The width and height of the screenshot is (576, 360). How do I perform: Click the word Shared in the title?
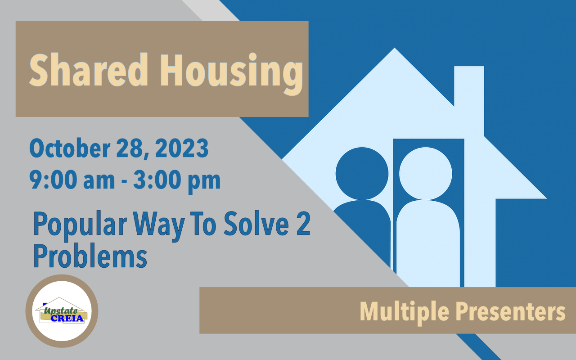(89, 70)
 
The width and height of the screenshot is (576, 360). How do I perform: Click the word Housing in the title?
(232, 74)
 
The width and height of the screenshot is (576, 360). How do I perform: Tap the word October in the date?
(70, 148)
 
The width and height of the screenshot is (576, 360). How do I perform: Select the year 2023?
(181, 148)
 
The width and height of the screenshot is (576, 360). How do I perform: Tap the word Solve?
(256, 223)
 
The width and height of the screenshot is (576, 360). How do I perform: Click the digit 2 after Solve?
(303, 223)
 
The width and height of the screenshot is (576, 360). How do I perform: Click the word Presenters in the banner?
(510, 311)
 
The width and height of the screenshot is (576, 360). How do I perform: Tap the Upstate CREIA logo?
(62, 311)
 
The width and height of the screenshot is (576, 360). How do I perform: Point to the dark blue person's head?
(362, 173)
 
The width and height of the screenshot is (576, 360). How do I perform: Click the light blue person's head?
(426, 173)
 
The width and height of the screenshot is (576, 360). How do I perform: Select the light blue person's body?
(428, 243)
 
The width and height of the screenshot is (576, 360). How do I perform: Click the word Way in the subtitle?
(158, 226)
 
